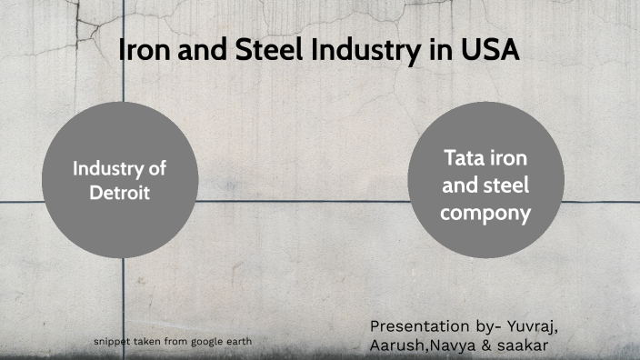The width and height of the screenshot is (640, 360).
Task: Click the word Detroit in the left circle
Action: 119,192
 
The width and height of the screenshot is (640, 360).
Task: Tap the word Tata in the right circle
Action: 462,158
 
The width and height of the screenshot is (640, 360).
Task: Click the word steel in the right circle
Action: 508,186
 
